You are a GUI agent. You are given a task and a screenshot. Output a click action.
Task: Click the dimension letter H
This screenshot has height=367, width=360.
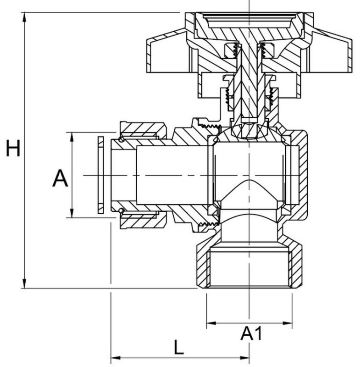point(13,148)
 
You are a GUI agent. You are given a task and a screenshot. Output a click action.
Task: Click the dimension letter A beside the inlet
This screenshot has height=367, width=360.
point(60,178)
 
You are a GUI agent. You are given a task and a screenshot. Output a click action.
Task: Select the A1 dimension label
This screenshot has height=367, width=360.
point(251,333)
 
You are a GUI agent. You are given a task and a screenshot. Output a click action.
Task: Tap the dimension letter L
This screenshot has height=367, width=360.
point(179,347)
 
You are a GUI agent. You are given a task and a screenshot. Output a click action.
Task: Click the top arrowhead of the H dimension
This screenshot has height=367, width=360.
point(24,17)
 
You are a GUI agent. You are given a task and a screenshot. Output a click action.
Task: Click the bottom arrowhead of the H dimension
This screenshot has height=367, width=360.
point(24,283)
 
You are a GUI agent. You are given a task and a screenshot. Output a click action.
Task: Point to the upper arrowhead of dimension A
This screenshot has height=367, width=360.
point(72,137)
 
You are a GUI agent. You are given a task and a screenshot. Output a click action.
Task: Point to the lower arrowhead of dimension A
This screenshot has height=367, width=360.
point(72,213)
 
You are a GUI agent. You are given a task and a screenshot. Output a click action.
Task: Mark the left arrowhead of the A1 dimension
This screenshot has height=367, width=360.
point(212,323)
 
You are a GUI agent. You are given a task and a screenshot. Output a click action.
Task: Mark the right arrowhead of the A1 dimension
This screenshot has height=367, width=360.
point(287,323)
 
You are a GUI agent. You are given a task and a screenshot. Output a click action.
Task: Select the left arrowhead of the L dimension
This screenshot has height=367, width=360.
point(115,358)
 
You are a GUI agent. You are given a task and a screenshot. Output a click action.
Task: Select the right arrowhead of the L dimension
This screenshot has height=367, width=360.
point(244,358)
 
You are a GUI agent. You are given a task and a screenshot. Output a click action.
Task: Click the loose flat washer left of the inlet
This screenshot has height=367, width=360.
point(101,175)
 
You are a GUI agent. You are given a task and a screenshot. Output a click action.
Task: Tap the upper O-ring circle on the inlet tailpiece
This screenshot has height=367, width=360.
point(121,139)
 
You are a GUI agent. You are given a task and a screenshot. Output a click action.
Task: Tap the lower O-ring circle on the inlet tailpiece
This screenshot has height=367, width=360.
point(121,211)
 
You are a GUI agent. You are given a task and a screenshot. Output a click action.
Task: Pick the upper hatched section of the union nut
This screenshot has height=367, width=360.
point(142,130)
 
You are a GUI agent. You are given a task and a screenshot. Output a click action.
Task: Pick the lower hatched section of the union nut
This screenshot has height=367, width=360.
point(142,220)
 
